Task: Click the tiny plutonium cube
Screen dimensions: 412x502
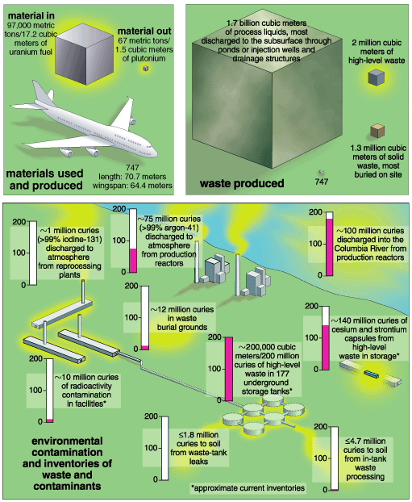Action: pyautogui.click(x=146, y=68)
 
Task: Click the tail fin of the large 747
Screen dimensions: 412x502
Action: pyautogui.click(x=40, y=92)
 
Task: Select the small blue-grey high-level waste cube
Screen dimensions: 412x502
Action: pyautogui.click(x=376, y=77)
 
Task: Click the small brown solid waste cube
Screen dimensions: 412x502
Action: pyautogui.click(x=377, y=131)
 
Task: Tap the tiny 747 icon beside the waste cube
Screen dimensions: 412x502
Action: pyautogui.click(x=321, y=172)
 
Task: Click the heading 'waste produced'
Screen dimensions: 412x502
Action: pyautogui.click(x=242, y=183)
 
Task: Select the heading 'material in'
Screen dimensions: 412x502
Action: pyautogui.click(x=31, y=15)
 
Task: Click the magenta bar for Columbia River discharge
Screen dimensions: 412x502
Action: pyautogui.click(x=329, y=247)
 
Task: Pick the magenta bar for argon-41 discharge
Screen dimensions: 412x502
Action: pyautogui.click(x=133, y=261)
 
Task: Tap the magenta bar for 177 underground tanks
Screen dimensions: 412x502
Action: pyautogui.click(x=229, y=369)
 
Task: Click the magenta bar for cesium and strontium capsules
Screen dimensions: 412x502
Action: pyautogui.click(x=325, y=347)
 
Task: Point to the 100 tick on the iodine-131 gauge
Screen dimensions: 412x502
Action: pyautogui.click(x=28, y=253)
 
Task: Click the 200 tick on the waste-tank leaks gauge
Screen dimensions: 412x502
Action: pyautogui.click(x=160, y=416)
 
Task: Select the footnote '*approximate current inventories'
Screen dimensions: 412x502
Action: pyautogui.click(x=248, y=488)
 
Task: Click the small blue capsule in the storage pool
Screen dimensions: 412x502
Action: pyautogui.click(x=371, y=374)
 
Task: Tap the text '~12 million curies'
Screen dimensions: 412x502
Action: pyautogui.click(x=182, y=310)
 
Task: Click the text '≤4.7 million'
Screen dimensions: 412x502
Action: pyautogui.click(x=365, y=441)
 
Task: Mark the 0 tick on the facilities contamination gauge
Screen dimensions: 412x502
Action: pyautogui.click(x=45, y=422)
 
